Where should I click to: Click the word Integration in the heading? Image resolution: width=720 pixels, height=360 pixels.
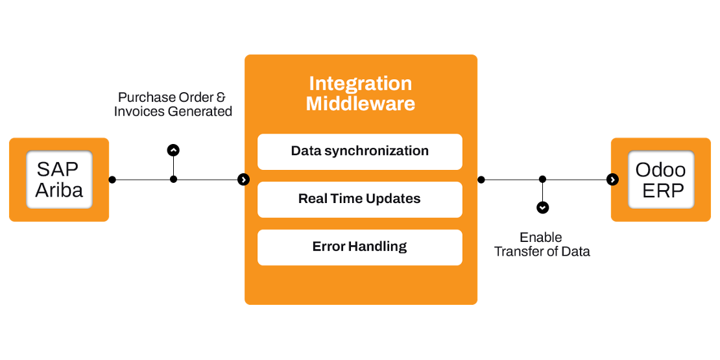[x=360, y=84]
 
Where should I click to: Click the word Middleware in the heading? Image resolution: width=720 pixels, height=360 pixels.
[x=360, y=104]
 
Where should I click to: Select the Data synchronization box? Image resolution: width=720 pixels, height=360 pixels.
[x=360, y=151]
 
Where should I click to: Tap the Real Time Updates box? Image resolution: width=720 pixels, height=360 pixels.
[x=360, y=199]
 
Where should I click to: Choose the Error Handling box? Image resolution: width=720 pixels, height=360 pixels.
[x=360, y=247]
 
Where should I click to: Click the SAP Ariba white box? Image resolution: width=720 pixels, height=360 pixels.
[x=59, y=180]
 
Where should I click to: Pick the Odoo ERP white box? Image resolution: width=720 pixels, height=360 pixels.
[x=660, y=180]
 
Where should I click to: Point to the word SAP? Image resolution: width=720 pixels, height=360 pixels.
[x=58, y=169]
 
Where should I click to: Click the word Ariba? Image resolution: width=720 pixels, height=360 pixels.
[x=59, y=190]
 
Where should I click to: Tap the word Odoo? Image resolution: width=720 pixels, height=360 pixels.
[x=660, y=169]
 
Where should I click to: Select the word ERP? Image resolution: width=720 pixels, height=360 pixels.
[x=660, y=190]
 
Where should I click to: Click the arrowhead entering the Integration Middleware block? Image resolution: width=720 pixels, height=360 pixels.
[x=244, y=180]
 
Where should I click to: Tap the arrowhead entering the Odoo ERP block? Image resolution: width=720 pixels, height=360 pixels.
[x=614, y=180]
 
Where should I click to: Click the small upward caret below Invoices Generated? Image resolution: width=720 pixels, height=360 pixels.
[x=173, y=150]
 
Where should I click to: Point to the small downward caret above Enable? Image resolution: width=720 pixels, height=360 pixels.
[x=542, y=208]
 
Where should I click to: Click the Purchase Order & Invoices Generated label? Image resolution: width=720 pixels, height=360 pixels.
[x=173, y=104]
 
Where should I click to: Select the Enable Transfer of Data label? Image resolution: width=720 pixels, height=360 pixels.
[x=542, y=245]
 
